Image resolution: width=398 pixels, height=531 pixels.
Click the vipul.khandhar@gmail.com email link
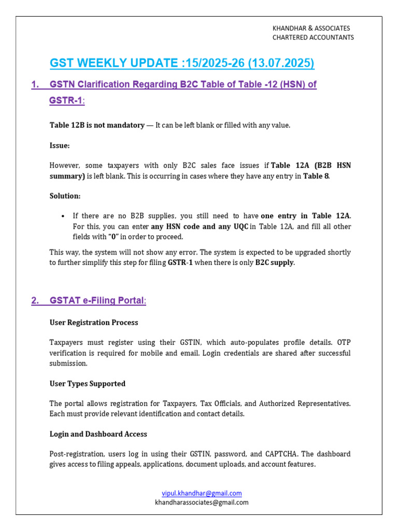(202, 493)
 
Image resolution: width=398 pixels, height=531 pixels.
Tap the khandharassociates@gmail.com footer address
(202, 502)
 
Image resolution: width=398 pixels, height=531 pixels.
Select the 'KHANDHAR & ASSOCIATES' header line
(311, 28)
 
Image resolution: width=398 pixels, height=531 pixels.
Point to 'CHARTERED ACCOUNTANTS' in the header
(313, 37)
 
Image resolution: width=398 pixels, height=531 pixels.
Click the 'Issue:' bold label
(60, 146)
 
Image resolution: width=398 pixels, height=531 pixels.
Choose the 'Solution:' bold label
(65, 196)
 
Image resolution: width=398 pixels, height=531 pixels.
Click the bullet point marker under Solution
(62, 216)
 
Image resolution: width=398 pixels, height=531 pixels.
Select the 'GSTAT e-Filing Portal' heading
(97, 301)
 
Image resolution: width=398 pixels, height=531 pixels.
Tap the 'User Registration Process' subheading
(94, 323)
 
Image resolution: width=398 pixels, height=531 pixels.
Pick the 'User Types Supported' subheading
(88, 384)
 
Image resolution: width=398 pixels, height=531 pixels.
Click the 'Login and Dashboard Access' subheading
(98, 434)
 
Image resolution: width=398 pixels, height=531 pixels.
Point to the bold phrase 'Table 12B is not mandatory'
(97, 125)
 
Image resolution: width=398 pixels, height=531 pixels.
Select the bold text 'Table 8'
(316, 176)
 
